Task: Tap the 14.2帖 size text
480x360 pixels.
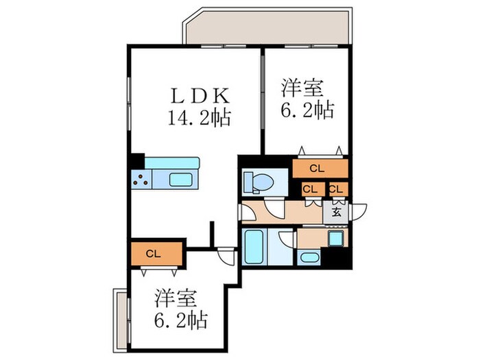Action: pyautogui.click(x=199, y=117)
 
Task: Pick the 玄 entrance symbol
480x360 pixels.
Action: pyautogui.click(x=337, y=212)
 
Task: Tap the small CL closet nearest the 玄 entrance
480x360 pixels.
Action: pyautogui.click(x=337, y=189)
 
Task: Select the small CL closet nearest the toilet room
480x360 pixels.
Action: pyautogui.click(x=310, y=189)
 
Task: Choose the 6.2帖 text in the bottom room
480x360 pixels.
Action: pyautogui.click(x=180, y=320)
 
